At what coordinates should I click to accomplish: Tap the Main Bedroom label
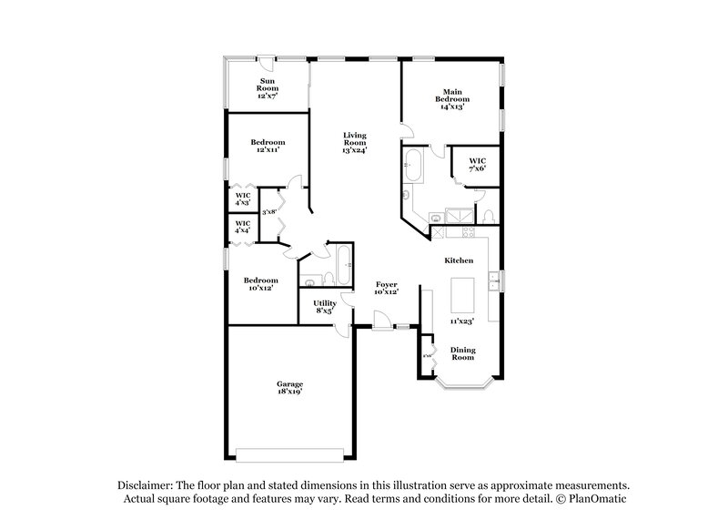tap(452, 98)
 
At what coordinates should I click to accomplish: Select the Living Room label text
tap(354, 142)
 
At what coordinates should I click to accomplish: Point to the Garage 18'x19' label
tap(290, 388)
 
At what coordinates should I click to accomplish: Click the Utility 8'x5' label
tap(325, 307)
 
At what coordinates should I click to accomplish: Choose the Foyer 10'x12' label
tap(386, 289)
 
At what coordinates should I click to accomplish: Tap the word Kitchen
tap(458, 261)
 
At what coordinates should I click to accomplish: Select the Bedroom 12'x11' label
tap(268, 146)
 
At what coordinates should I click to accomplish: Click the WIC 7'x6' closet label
tap(477, 164)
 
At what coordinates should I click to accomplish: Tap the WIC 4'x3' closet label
tap(243, 199)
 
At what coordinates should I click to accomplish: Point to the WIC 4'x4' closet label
tap(243, 227)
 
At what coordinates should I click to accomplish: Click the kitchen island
tap(463, 293)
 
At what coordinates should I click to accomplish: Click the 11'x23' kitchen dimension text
tap(462, 321)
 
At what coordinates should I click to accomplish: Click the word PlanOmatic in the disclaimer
tap(596, 499)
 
